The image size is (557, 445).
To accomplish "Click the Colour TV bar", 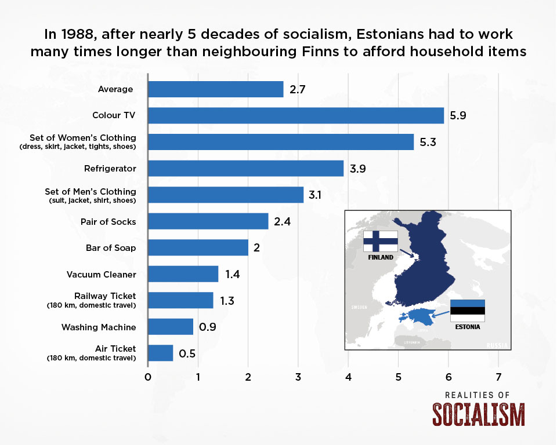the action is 296,115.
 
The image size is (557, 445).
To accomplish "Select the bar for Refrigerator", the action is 246,168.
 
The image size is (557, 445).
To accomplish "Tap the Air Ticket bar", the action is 161,353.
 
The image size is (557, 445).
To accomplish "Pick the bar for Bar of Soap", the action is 198,247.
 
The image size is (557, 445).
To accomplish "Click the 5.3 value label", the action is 428,142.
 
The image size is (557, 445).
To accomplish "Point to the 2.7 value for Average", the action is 297,89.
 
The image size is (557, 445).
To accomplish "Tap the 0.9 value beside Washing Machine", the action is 208,327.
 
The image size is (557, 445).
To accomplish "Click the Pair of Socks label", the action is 108,222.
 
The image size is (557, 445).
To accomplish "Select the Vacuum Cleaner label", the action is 101,274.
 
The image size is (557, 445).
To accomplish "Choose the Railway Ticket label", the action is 105,296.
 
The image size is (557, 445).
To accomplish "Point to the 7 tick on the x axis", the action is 498,377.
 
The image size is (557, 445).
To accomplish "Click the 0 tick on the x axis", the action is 148,377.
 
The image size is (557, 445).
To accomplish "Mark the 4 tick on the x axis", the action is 348,377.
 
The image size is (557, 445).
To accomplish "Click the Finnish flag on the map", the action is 381,241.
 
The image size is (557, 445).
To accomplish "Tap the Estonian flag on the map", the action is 468,311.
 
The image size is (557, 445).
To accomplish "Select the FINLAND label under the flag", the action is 381,257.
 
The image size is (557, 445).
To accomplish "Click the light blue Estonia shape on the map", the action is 419,316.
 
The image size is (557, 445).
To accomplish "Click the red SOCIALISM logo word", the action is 479,414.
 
